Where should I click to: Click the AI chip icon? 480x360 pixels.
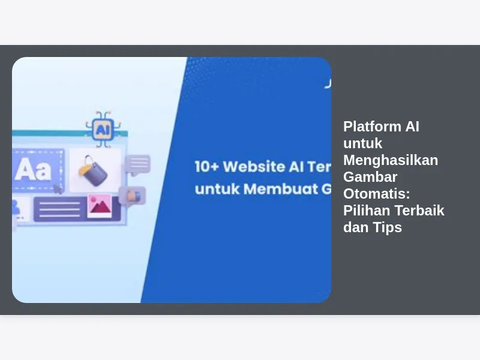tap(103, 130)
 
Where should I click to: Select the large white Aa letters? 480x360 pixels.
tap(33, 170)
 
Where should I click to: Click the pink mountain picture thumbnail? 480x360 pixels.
tap(100, 206)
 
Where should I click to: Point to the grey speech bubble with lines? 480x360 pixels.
tap(137, 164)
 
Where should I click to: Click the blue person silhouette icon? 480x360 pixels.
tap(16, 208)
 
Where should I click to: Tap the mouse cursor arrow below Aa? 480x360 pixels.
tap(58, 189)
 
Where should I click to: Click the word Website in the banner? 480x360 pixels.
tap(254, 167)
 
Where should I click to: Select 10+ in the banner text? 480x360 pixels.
tap(206, 167)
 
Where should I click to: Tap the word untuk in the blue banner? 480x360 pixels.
tap(217, 189)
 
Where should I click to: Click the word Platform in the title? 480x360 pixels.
tap(372, 127)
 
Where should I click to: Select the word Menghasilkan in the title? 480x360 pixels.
tap(391, 160)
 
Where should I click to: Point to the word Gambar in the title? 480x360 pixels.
tap(370, 177)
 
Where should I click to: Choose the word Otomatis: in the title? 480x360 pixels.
tap(377, 194)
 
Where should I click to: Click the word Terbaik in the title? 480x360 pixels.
tap(419, 211)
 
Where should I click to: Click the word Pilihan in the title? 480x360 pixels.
tap(367, 211)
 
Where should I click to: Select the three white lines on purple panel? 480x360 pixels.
tap(59, 209)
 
